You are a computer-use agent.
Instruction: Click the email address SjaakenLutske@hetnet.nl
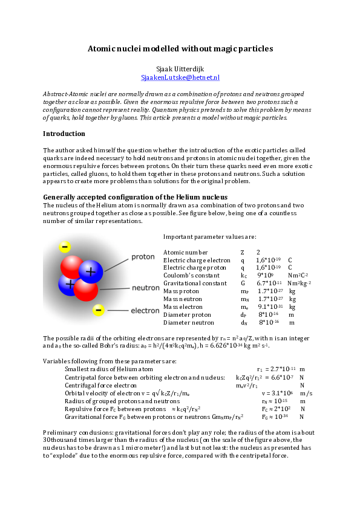(x=180, y=78)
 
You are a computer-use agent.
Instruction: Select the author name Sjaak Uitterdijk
(x=180, y=70)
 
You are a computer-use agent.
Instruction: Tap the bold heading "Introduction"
(x=64, y=134)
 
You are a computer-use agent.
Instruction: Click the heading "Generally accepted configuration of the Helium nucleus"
(x=135, y=198)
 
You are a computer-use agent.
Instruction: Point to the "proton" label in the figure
(x=143, y=257)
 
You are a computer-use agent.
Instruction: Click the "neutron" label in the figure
(x=145, y=288)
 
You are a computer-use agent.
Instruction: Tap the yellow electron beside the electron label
(x=99, y=310)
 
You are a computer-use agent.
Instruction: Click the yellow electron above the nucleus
(x=65, y=247)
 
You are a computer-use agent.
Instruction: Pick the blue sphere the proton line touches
(x=91, y=271)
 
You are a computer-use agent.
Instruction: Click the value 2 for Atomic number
(x=258, y=252)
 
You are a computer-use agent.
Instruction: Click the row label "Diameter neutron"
(x=189, y=323)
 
